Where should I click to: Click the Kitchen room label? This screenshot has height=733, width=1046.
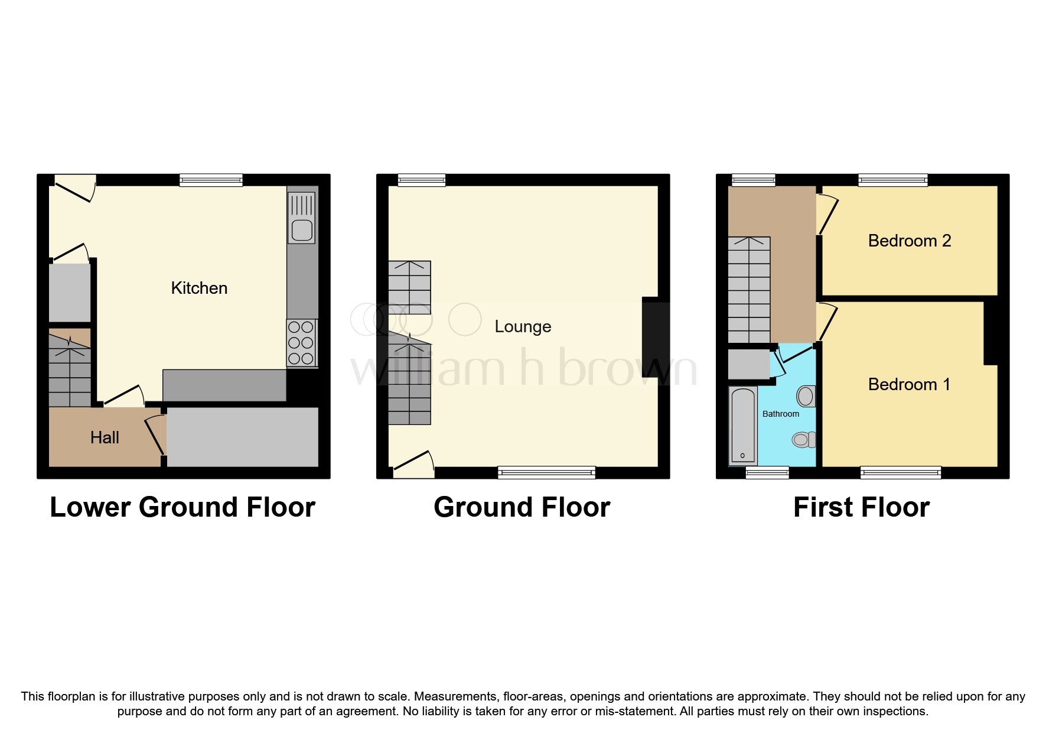199,288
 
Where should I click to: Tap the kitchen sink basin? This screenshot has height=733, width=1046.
302,229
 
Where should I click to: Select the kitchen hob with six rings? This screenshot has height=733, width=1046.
301,343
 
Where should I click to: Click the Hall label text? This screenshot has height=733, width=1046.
105,437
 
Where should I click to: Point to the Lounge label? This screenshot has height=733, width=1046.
523,326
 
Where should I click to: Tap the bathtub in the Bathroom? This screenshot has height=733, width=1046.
743,425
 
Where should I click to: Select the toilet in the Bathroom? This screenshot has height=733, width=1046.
804,439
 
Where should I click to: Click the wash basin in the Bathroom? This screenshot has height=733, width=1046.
806,396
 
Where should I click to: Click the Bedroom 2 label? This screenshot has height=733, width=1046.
909,241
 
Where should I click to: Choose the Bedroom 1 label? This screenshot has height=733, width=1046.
909,384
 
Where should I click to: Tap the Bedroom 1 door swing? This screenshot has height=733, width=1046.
826,323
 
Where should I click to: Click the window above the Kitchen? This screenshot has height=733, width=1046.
211,180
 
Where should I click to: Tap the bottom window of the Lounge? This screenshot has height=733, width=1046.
546,472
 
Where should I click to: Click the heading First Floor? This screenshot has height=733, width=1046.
861,507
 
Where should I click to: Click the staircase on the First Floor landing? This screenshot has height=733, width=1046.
749,290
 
